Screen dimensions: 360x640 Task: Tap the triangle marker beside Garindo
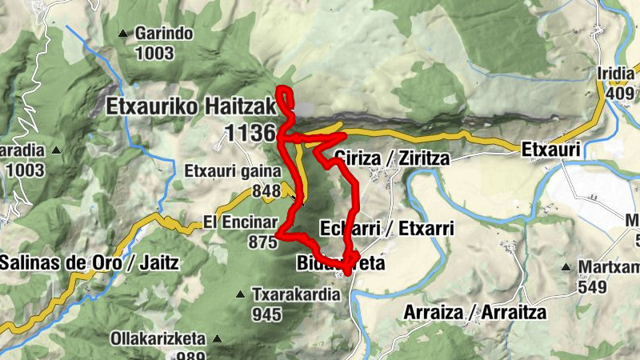coord(122,34)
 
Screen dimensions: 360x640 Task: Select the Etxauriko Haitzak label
coord(190,105)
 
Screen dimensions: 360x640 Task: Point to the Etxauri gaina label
coord(233,171)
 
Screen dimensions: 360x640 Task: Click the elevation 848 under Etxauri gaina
coord(266,190)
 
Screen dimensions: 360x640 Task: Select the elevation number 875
coord(262,242)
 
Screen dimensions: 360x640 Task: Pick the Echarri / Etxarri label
coord(387,228)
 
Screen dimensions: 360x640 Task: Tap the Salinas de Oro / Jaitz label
coord(90,262)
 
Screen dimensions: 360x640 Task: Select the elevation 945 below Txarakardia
coord(266,314)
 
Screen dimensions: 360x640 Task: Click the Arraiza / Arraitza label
coord(475,311)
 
